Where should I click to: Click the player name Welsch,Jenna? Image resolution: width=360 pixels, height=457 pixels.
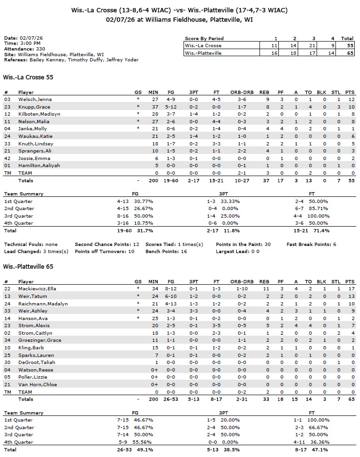tap(34, 100)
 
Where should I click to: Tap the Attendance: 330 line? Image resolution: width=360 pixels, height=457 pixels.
tap(25, 49)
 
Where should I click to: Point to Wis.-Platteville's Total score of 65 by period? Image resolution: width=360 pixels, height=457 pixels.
tap(347, 53)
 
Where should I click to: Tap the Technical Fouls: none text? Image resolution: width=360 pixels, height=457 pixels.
tap(31, 245)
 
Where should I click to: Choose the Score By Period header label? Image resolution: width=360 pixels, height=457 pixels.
tap(204, 38)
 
